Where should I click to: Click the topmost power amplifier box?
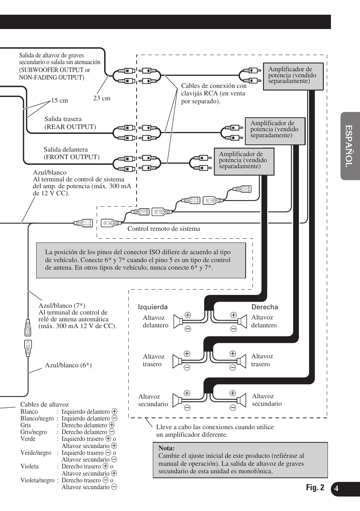click(293, 76)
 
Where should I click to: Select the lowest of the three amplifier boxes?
click(244, 161)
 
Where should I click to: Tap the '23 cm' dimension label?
click(102, 98)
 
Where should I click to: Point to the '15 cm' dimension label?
click(60, 101)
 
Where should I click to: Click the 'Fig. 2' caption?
click(315, 488)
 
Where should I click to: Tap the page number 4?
click(336, 489)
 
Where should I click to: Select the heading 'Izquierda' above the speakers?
click(153, 307)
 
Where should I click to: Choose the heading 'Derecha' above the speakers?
click(265, 307)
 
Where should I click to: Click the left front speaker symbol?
click(178, 322)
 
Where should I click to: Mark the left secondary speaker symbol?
click(177, 401)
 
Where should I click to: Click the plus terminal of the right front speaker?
click(234, 315)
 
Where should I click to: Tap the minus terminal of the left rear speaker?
click(187, 368)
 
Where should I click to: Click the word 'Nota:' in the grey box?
click(166, 448)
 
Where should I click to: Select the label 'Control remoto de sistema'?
click(164, 229)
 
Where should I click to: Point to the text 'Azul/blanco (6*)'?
click(68, 365)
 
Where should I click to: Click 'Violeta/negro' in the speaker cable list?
click(37, 480)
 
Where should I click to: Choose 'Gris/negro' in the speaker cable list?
click(34, 432)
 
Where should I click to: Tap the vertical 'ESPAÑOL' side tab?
click(350, 146)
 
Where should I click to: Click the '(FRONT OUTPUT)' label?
click(72, 157)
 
